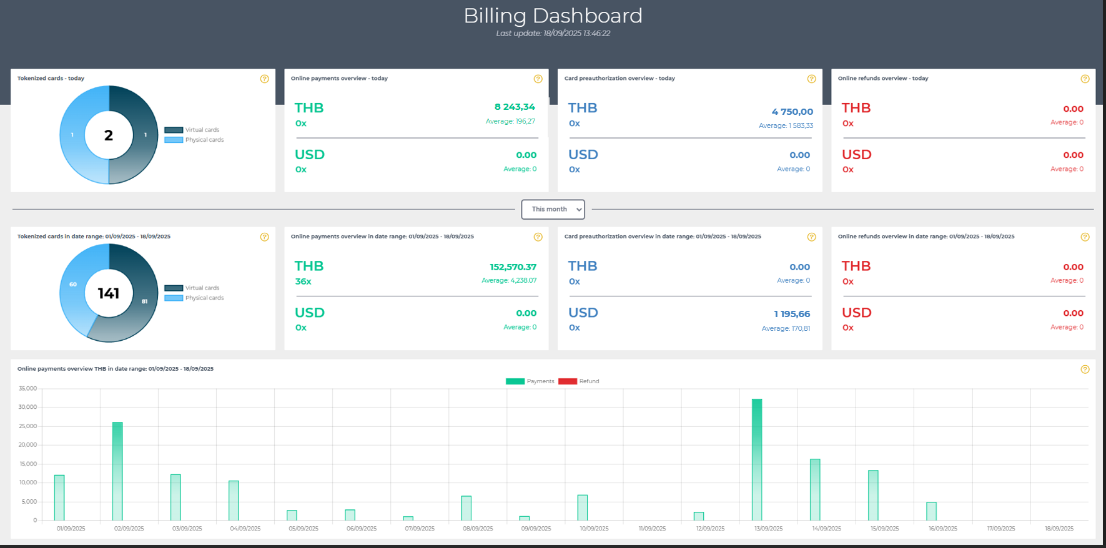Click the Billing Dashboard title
point(553,16)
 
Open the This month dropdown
point(553,210)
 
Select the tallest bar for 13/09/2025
point(757,460)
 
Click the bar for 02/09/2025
point(117,471)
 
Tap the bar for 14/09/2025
point(815,490)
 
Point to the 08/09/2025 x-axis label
point(478,529)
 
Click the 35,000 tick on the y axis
point(28,388)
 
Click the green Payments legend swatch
point(515,381)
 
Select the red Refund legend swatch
point(568,381)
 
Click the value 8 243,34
point(515,107)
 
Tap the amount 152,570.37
point(513,267)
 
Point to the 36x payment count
point(303,281)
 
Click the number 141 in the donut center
point(109,293)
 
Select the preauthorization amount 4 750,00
point(792,112)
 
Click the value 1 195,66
point(792,314)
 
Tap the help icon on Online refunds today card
point(1085,79)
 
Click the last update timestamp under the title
point(553,34)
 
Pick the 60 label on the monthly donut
point(73,284)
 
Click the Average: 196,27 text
point(510,121)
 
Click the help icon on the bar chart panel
point(1085,369)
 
